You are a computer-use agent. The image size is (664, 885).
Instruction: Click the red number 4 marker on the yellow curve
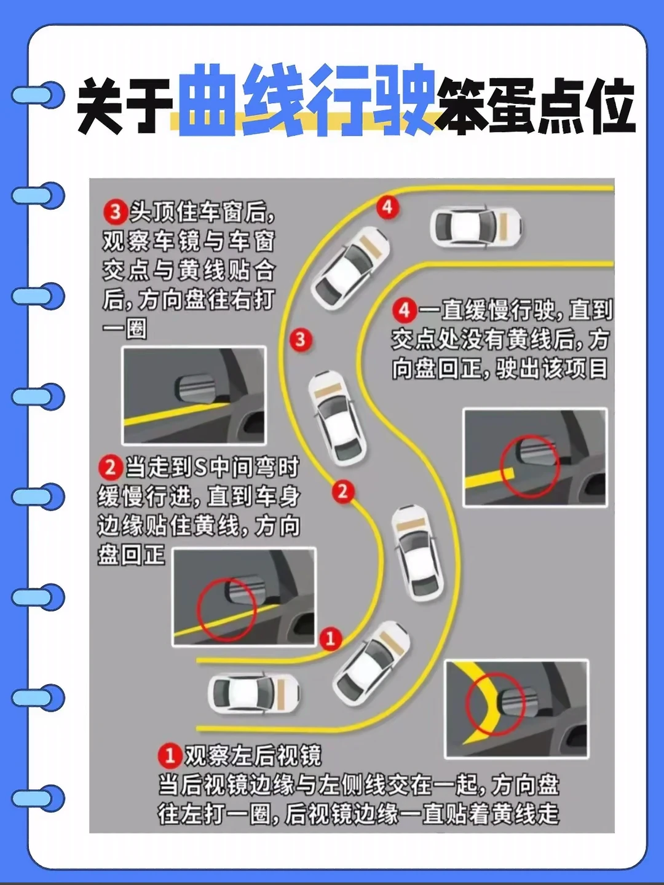[387, 208]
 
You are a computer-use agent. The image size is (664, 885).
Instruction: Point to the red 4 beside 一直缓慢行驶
[405, 310]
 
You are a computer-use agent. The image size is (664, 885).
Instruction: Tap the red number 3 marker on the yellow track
[301, 339]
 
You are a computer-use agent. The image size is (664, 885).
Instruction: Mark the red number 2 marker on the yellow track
[342, 492]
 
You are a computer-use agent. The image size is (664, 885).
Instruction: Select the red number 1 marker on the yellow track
[331, 639]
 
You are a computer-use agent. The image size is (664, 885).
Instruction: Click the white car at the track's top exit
[476, 227]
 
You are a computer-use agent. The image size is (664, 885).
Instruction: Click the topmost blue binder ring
[38, 95]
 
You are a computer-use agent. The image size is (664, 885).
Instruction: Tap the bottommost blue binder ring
[38, 798]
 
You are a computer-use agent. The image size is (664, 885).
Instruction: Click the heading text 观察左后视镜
[253, 755]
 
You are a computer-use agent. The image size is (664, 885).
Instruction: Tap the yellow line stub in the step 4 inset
[489, 477]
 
